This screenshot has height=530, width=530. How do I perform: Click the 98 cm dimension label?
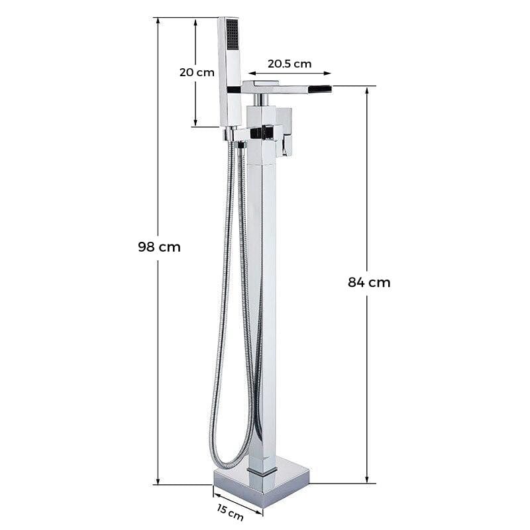tap(159, 247)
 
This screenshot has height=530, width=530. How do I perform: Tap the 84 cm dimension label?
tap(369, 282)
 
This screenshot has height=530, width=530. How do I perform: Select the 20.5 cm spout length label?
tap(290, 64)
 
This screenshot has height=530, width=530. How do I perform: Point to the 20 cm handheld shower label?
tap(197, 72)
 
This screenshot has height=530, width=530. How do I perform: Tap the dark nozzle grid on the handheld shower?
tap(233, 34)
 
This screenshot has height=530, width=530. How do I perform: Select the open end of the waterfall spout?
tap(321, 89)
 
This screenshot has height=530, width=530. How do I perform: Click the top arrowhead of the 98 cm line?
tap(158, 21)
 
